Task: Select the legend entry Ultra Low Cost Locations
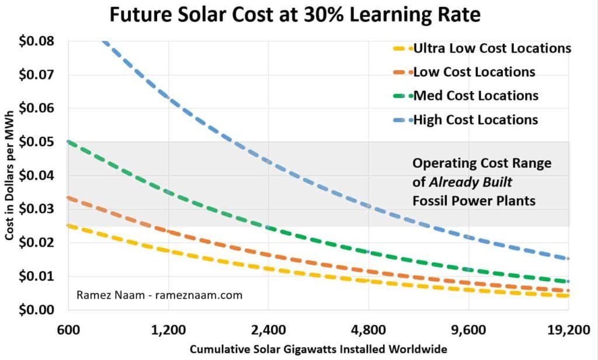tap(492, 49)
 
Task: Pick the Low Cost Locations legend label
tap(474, 72)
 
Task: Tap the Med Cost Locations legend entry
tap(475, 96)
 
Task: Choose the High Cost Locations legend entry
tap(475, 120)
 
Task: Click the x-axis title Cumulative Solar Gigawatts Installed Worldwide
tap(319, 349)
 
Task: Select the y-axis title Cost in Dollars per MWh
tap(11, 175)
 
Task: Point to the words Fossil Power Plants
tap(473, 201)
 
